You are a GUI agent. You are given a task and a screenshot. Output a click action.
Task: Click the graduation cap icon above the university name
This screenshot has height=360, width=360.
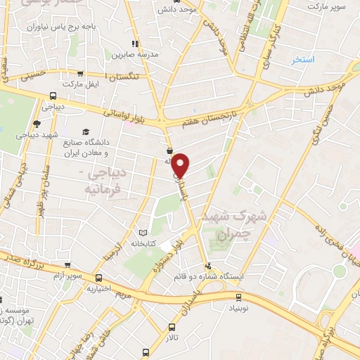point(86,131)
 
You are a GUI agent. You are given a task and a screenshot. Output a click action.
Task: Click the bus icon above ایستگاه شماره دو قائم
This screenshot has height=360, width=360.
point(207,266)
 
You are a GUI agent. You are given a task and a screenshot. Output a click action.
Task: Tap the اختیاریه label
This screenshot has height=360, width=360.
point(100,288)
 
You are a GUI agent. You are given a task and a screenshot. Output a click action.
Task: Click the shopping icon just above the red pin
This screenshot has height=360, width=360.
point(170,151)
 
